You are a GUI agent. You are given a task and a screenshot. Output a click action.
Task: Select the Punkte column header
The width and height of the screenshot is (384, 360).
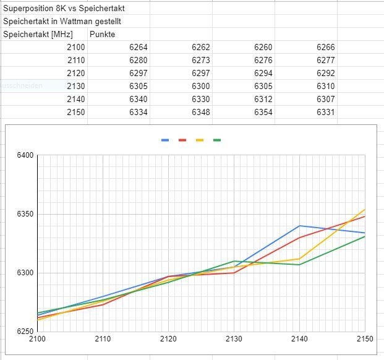(102, 34)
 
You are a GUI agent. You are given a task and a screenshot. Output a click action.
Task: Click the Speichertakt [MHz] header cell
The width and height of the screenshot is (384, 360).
(38, 34)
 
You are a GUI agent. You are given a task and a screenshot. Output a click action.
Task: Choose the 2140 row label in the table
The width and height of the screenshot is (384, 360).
(75, 99)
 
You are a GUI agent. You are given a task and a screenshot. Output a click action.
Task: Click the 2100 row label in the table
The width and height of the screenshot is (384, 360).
(75, 47)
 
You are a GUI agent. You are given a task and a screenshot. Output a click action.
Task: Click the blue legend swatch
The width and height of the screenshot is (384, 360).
(165, 140)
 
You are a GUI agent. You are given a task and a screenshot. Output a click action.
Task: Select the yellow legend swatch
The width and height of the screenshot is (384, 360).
(200, 140)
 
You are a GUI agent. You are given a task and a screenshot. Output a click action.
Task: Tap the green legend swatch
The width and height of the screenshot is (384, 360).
(217, 140)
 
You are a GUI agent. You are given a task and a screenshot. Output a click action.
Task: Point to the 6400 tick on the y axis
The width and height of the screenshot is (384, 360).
(25, 155)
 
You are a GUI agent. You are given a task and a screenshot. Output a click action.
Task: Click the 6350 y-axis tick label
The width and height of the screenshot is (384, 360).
(25, 214)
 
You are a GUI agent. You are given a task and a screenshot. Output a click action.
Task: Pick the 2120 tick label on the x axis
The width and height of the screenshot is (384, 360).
(168, 339)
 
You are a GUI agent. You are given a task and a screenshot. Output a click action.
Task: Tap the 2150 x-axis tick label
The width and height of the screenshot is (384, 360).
(365, 339)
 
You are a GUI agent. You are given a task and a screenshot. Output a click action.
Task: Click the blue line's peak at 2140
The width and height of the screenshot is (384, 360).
(299, 226)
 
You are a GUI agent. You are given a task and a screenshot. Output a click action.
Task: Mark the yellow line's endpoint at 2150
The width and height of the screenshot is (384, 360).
(365, 209)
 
